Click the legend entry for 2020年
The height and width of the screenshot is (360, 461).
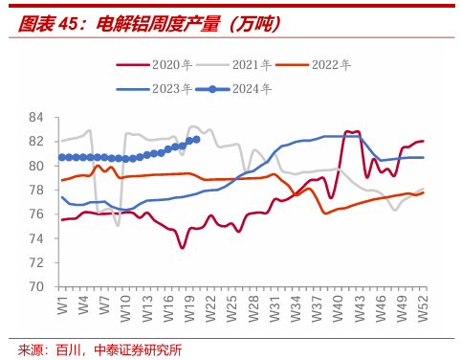tap(154, 65)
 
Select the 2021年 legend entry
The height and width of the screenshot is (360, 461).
tap(234, 65)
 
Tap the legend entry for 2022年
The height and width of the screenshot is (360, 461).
tap(314, 65)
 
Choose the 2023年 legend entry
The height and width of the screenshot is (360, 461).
tap(154, 89)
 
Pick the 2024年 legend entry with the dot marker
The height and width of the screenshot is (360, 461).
tap(233, 89)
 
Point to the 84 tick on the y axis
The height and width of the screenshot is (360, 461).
tap(35, 118)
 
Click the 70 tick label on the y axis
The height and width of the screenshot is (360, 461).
tap(35, 286)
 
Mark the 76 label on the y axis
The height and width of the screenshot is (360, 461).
tap(35, 214)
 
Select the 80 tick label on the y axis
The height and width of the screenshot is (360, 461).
tap(35, 166)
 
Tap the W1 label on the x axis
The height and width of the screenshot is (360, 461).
tap(63, 305)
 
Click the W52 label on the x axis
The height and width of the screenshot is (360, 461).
tap(423, 308)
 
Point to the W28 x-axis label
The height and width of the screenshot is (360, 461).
tap(253, 308)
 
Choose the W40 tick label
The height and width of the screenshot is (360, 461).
tap(338, 308)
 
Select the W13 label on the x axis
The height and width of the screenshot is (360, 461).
tap(147, 308)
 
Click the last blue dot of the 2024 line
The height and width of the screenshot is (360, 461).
tap(196, 140)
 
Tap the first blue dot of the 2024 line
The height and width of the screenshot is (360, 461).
tap(62, 157)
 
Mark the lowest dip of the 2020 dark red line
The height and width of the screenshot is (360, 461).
tap(183, 248)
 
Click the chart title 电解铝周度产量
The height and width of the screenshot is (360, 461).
tap(158, 24)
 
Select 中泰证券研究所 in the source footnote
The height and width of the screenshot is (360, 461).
tap(138, 350)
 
